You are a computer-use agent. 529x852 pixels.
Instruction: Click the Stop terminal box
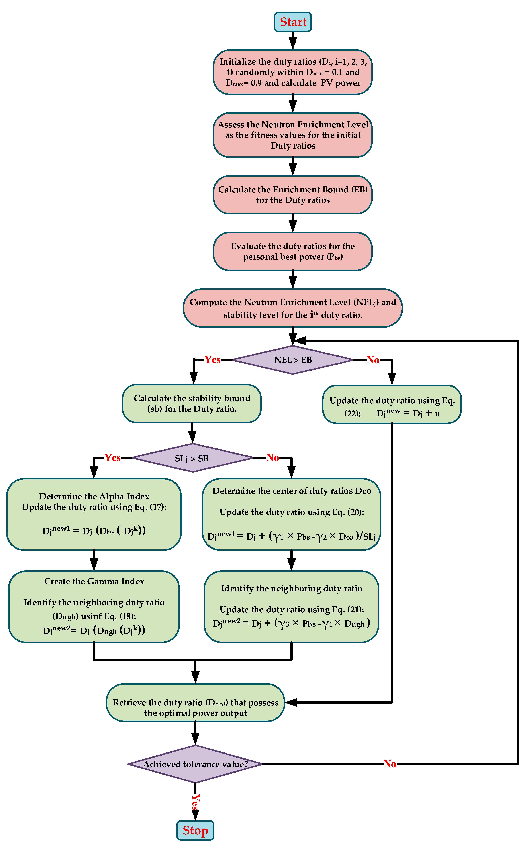pyautogui.click(x=195, y=830)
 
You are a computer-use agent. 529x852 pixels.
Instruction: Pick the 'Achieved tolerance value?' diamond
pyautogui.click(x=195, y=764)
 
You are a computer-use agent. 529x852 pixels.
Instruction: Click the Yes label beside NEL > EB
pyautogui.click(x=212, y=360)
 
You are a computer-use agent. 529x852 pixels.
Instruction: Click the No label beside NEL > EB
pyautogui.click(x=373, y=360)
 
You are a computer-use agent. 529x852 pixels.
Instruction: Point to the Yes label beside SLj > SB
pyautogui.click(x=113, y=457)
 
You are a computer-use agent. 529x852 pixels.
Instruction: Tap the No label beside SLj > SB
pyautogui.click(x=273, y=457)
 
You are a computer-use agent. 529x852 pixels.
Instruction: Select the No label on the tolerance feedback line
pyautogui.click(x=390, y=764)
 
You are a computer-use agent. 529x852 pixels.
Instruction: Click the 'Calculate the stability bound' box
pyautogui.click(x=192, y=404)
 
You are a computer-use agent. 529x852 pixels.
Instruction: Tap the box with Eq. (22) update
pyautogui.click(x=392, y=405)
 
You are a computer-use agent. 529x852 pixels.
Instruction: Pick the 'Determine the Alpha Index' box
pyautogui.click(x=94, y=514)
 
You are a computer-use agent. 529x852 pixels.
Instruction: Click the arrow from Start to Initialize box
pyautogui.click(x=293, y=41)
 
